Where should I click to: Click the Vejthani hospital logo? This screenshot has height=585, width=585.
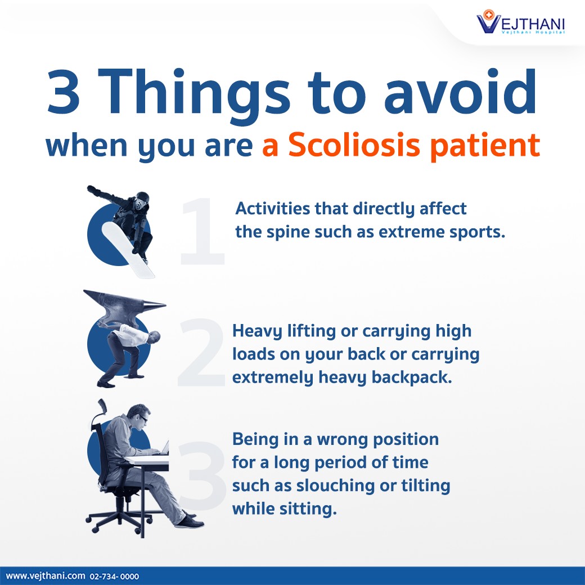[x=520, y=22]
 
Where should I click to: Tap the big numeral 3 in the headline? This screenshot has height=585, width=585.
[x=64, y=91]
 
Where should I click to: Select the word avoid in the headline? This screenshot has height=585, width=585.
[x=460, y=91]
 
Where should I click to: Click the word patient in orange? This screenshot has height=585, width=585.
[x=485, y=146]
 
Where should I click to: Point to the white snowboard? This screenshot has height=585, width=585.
[x=128, y=249]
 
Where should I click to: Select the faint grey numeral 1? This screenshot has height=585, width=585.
[x=202, y=231]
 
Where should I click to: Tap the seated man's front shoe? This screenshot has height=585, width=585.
[x=190, y=521]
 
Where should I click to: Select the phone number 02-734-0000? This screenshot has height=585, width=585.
[x=114, y=577]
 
